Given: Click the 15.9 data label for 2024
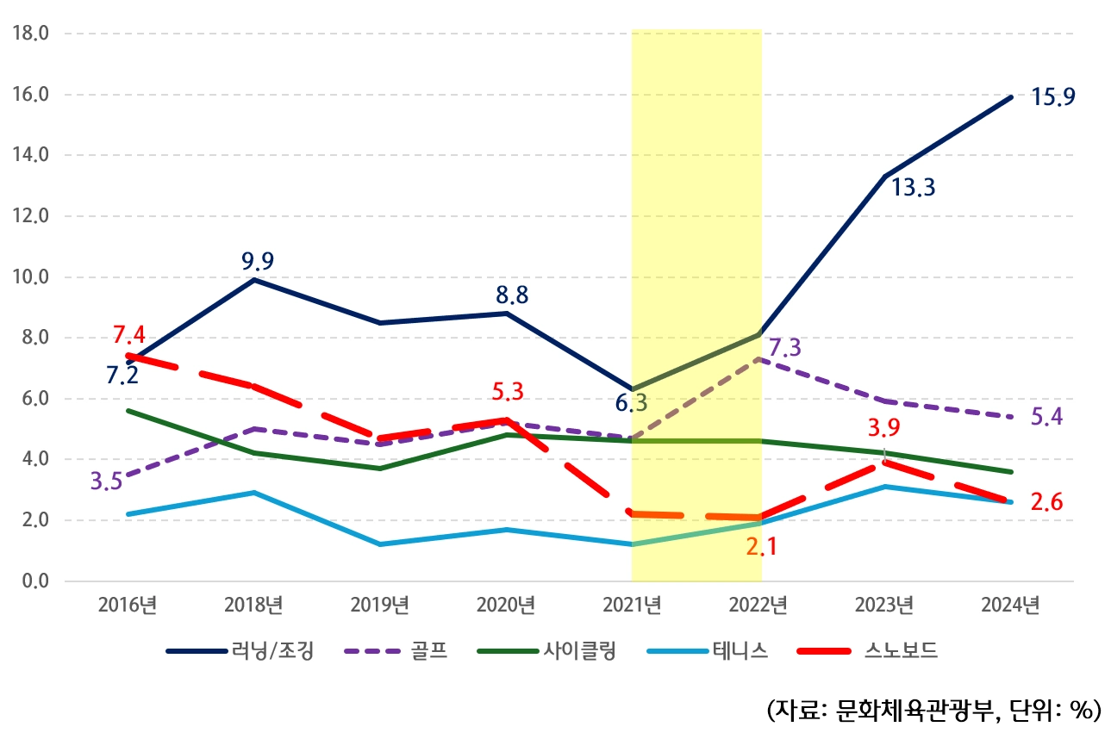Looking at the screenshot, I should tap(1052, 97).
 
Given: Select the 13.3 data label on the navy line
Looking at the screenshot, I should tap(913, 188).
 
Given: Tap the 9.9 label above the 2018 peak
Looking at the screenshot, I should tap(257, 261).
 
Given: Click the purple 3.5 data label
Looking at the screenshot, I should tap(106, 481).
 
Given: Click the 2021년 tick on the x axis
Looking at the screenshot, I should tap(634, 606).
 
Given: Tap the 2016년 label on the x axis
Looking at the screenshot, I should tap(128, 606).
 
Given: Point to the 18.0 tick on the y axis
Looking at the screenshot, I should tap(31, 34).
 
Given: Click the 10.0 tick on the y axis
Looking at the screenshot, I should tap(31, 277).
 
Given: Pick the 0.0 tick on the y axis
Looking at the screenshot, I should tap(35, 581).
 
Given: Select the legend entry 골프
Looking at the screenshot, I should tap(428, 651).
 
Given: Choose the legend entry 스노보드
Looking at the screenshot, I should tap(900, 651).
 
